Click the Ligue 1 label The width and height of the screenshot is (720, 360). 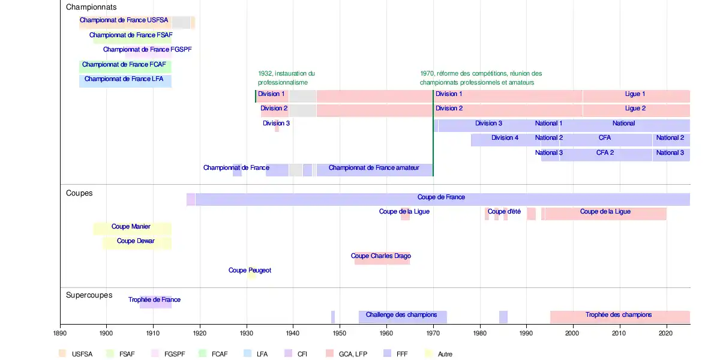pos(635,94)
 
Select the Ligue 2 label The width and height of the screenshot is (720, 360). pos(635,109)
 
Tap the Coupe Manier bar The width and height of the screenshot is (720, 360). pos(132,229)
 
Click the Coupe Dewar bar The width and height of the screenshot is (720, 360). pos(137,243)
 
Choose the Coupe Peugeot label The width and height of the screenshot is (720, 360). pos(250,271)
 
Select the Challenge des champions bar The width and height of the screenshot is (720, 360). pos(403,317)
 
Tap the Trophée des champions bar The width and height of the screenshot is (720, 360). pos(619,317)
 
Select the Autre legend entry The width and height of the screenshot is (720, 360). pos(445,354)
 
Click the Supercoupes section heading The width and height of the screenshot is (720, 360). pos(89,295)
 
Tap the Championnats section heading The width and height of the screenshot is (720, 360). pos(91,7)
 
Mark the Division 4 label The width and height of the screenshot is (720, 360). pos(505,138)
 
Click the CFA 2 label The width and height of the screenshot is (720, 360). pos(605,153)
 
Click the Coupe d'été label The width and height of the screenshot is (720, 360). pos(504,212)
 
